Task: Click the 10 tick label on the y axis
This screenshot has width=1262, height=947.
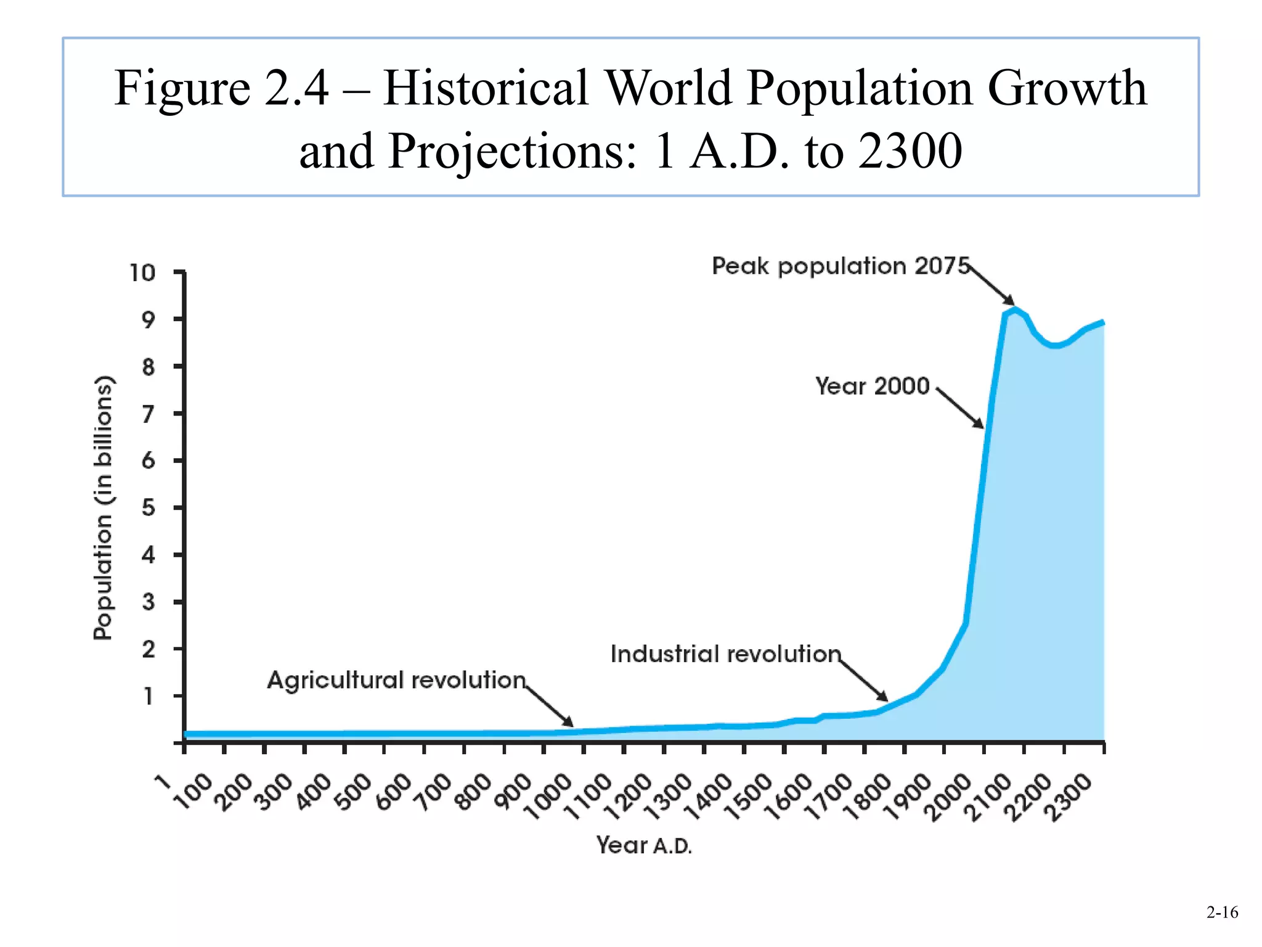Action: [x=142, y=273]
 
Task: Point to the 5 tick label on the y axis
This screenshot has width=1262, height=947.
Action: [x=148, y=508]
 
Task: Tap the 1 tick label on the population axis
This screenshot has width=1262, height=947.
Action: [x=148, y=696]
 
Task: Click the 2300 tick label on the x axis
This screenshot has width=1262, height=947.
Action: [x=1069, y=797]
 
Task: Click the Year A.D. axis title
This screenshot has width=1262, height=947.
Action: [x=644, y=845]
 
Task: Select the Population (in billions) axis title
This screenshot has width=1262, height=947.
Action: [x=104, y=507]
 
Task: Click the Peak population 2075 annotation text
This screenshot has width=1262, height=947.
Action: [x=841, y=266]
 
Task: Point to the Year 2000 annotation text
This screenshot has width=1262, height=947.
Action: [x=872, y=386]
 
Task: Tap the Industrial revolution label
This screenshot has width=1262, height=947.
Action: [x=725, y=654]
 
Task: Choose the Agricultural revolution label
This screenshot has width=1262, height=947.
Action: [x=396, y=680]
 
